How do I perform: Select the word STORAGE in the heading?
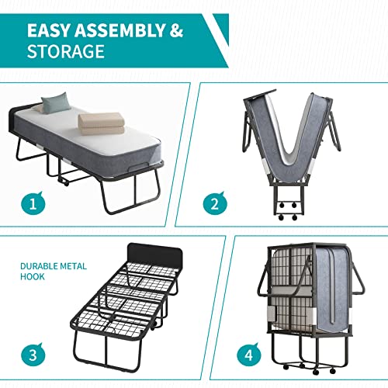(65, 53)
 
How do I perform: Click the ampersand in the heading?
(176, 30)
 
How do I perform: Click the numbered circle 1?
(30, 205)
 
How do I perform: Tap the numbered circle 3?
(30, 356)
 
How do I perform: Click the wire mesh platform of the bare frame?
(124, 303)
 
